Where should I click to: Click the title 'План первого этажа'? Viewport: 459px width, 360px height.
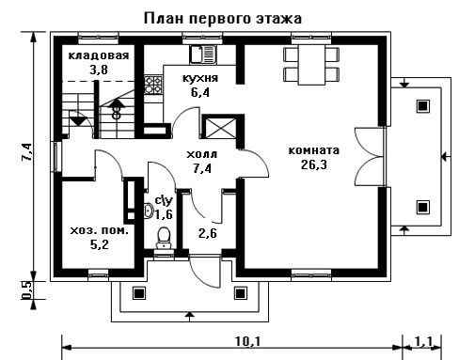[223, 19]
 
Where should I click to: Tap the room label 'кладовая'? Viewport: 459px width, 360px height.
[99, 55]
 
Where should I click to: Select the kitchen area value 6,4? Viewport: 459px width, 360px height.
[200, 92]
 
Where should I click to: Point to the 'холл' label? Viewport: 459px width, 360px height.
[201, 154]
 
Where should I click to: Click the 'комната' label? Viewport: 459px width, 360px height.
[313, 150]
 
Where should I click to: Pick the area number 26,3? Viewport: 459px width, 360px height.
[314, 164]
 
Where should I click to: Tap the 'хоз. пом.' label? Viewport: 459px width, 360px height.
[99, 231]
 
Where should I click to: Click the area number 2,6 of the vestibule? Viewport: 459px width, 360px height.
[208, 233]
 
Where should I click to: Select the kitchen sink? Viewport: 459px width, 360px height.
[203, 55]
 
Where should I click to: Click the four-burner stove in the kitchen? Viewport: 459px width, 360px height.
[153, 85]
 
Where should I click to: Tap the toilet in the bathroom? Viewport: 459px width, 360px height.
[164, 237]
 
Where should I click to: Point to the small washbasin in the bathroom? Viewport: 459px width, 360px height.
[149, 211]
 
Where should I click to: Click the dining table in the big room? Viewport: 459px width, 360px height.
[311, 65]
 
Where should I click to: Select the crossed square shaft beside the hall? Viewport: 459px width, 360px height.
[219, 128]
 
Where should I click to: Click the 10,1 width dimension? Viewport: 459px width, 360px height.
[247, 341]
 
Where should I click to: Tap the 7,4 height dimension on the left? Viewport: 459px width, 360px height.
[26, 152]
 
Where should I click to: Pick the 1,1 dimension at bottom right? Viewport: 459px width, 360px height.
[423, 341]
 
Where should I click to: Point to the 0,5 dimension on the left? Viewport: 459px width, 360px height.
[27, 290]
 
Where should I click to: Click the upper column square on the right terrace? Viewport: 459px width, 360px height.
[422, 106]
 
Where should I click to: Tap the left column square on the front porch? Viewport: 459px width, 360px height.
[138, 293]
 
